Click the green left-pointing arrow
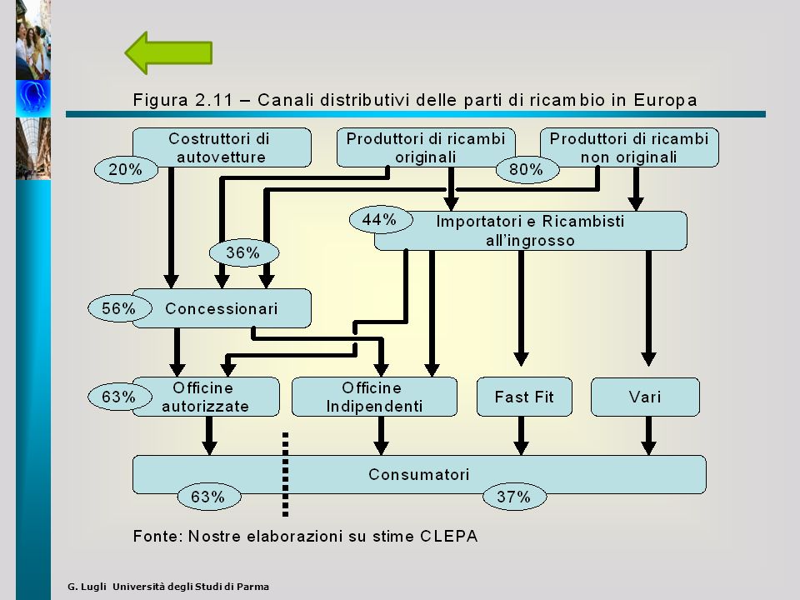(168, 52)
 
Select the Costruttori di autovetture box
(222, 147)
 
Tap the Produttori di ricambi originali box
(426, 147)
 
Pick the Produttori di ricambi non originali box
(629, 147)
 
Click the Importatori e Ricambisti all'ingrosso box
(531, 231)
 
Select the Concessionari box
(222, 308)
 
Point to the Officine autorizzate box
(206, 397)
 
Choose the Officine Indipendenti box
(374, 397)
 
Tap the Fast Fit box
(524, 397)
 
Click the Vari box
(645, 397)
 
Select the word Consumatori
(419, 474)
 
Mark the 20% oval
(126, 169)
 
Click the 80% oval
(527, 169)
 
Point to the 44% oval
(380, 220)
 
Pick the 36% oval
(244, 252)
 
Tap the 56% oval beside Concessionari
(119, 308)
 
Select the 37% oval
(514, 497)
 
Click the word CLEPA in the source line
(449, 536)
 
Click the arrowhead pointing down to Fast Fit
(521, 358)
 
